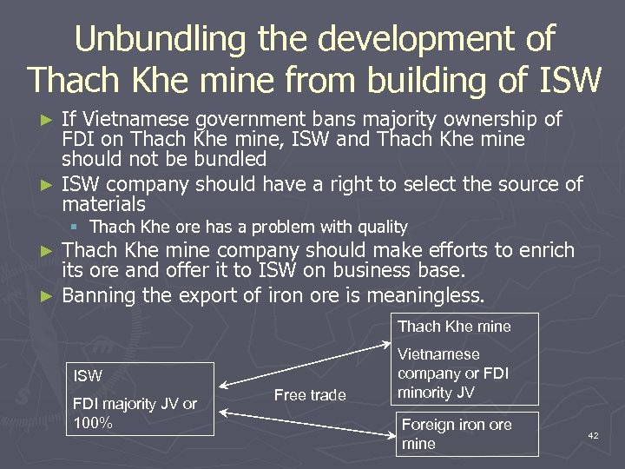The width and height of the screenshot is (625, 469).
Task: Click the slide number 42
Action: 593,434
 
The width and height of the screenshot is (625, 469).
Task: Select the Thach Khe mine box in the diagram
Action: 454,327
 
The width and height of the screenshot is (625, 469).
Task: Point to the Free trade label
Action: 310,395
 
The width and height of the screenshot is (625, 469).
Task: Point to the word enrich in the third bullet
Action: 544,251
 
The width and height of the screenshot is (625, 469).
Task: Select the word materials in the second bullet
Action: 103,204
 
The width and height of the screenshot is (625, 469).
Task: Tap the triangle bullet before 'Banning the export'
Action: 48,296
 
